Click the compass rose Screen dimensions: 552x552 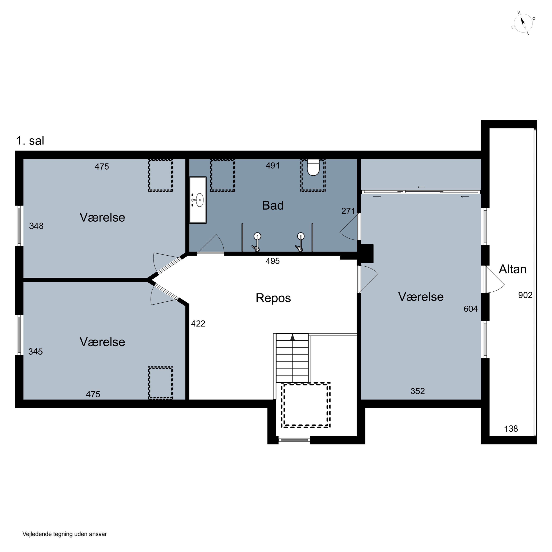(x=523, y=23)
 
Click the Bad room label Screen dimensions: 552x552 (x=273, y=205)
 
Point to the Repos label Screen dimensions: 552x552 (x=273, y=298)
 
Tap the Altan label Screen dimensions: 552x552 (x=513, y=269)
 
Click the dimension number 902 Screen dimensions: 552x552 (x=525, y=295)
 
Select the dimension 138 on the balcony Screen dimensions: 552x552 (x=511, y=429)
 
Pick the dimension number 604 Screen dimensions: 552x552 (x=470, y=309)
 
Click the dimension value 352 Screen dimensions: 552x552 (x=418, y=391)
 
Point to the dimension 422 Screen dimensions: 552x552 (x=198, y=324)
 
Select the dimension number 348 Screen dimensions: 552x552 (x=36, y=226)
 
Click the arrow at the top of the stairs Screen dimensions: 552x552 (x=292, y=337)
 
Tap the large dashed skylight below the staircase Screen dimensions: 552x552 (x=306, y=405)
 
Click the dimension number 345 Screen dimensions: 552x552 (x=36, y=352)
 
